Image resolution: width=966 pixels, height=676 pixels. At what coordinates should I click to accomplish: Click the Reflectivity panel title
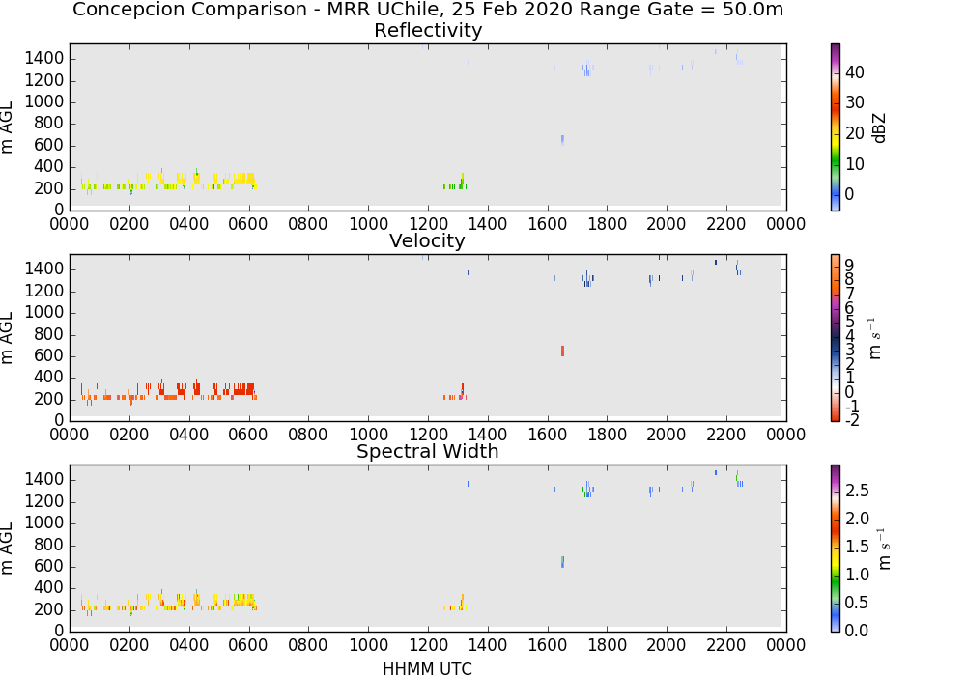[428, 30]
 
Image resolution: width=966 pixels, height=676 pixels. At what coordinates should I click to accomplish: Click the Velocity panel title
[427, 240]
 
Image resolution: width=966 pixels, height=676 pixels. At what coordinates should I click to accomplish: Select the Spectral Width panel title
[428, 451]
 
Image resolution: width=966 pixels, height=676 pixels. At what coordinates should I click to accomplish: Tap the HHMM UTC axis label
[427, 668]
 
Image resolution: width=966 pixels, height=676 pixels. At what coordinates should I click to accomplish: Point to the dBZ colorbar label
[879, 128]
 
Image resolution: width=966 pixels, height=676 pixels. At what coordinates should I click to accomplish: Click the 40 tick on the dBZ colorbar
[855, 72]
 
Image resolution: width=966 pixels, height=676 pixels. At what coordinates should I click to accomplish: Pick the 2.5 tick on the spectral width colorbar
[857, 490]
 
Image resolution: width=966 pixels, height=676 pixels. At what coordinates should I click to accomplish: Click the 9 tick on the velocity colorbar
[849, 266]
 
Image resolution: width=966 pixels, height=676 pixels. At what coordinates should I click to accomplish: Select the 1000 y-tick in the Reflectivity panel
[44, 101]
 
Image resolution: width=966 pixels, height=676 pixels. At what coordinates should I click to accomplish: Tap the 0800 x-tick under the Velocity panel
[308, 435]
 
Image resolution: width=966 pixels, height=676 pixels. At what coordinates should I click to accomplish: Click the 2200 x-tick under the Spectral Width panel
[726, 645]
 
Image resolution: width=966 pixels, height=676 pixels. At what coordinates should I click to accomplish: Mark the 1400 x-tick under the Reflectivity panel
[487, 224]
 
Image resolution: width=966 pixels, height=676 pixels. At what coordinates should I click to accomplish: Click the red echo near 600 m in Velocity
[562, 351]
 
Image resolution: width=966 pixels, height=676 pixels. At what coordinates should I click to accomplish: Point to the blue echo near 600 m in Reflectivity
[562, 140]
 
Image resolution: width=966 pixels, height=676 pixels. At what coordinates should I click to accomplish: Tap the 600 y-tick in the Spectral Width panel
[49, 566]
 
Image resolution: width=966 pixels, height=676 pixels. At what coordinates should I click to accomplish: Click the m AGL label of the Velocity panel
[8, 337]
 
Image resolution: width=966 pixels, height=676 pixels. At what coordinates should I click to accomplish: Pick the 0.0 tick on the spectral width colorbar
[857, 630]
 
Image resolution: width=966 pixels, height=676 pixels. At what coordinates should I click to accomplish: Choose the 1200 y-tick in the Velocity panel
[44, 291]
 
